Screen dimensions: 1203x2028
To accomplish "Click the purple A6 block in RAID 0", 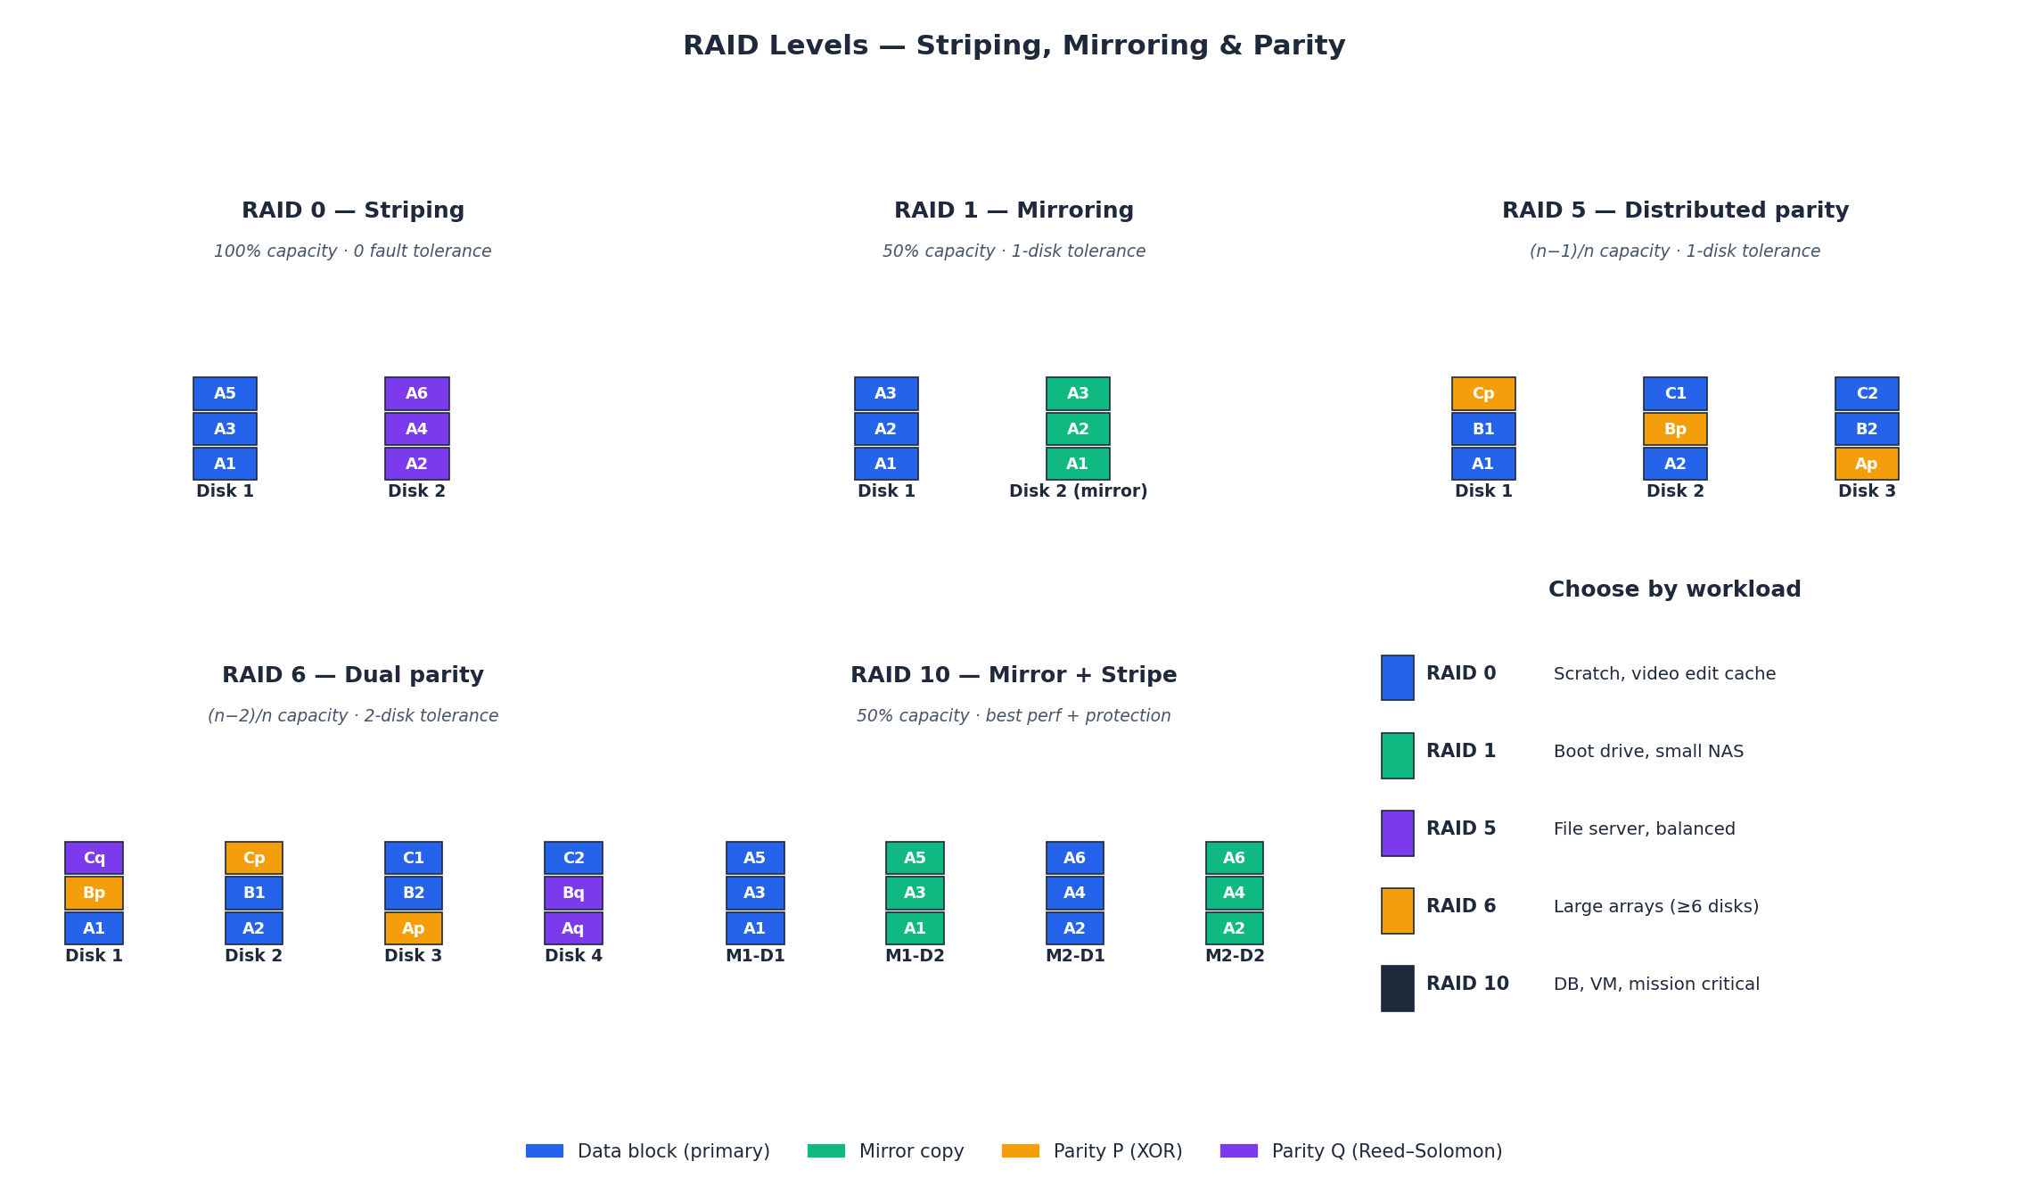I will [x=416, y=393].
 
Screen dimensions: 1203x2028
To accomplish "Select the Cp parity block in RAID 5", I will [x=1482, y=393].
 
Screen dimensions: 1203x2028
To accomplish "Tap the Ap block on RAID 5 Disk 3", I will [x=1866, y=464].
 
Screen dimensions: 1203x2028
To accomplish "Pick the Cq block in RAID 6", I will [x=94, y=858].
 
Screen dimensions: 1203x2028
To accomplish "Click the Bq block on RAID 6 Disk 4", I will [x=573, y=893].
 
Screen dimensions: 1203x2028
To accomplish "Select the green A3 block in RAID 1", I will [x=1078, y=393].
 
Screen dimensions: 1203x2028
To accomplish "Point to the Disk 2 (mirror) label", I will [x=1078, y=491].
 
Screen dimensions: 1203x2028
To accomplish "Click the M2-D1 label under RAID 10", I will [x=1074, y=956].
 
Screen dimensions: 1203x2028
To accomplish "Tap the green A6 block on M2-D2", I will [x=1234, y=858].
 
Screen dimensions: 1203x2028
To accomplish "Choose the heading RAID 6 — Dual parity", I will [x=353, y=675].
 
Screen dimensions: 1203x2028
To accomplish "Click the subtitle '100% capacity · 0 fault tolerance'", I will [x=352, y=251].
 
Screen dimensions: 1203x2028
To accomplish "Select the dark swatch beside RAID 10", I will [x=1397, y=988].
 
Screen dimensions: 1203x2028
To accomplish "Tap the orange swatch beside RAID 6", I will [x=1397, y=910].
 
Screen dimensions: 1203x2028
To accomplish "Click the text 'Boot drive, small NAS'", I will [x=1647, y=752].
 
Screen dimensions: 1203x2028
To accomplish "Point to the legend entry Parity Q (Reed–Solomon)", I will [x=1360, y=1151].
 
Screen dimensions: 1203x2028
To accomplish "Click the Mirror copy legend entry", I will [x=885, y=1151].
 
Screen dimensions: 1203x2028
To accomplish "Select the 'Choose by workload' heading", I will [x=1674, y=589].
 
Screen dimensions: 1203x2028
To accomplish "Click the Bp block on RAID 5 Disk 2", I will [x=1674, y=429].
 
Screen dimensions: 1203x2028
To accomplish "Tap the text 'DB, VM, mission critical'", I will [x=1655, y=985].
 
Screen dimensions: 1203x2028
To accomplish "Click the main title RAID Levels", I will [x=1014, y=45].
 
